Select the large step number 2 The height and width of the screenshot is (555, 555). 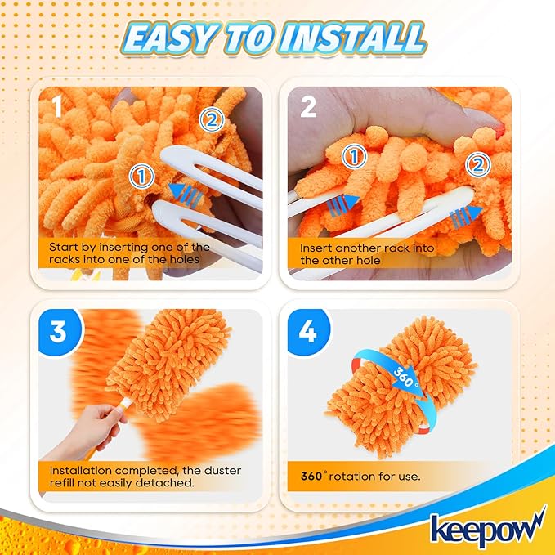pos(307,107)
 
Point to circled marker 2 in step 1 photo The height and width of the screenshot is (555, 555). pos(211,120)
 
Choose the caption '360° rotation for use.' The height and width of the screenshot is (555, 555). pos(360,476)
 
